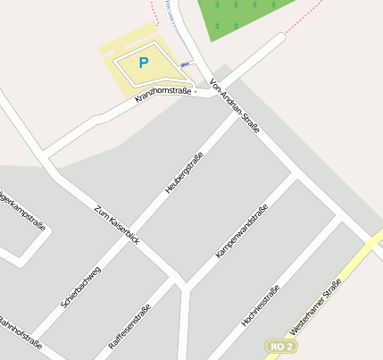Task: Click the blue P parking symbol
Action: click(143, 63)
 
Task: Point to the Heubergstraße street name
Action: click(185, 172)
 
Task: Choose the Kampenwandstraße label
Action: click(242, 232)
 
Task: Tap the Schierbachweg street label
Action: click(81, 287)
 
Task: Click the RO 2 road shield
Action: click(279, 345)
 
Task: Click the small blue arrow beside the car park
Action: click(186, 63)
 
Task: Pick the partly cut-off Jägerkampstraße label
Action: click(21, 212)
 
